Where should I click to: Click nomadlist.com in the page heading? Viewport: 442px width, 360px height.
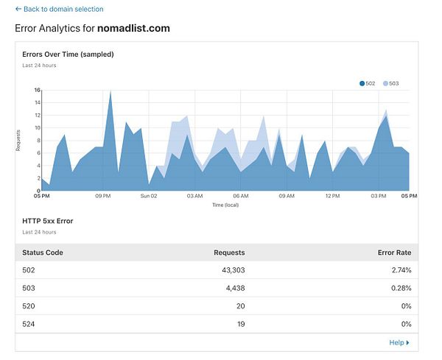[134, 28]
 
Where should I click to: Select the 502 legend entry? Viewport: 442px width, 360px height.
[368, 83]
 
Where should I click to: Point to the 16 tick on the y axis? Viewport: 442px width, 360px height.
[37, 91]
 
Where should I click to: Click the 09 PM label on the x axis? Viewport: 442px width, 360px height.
[103, 197]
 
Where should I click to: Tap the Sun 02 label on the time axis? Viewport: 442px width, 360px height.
[149, 197]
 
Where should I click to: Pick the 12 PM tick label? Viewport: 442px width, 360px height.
[332, 197]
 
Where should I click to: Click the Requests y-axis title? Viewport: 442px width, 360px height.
[18, 140]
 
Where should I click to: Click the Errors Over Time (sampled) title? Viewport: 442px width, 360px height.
[68, 54]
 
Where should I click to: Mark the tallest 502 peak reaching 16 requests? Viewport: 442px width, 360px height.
[110, 92]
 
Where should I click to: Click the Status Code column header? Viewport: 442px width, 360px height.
[43, 253]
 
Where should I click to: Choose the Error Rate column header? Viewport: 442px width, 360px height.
[393, 253]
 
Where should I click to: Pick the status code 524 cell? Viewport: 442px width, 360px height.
[29, 323]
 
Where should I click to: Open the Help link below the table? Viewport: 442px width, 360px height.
[399, 342]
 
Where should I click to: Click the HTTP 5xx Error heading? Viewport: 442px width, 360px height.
[48, 220]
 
